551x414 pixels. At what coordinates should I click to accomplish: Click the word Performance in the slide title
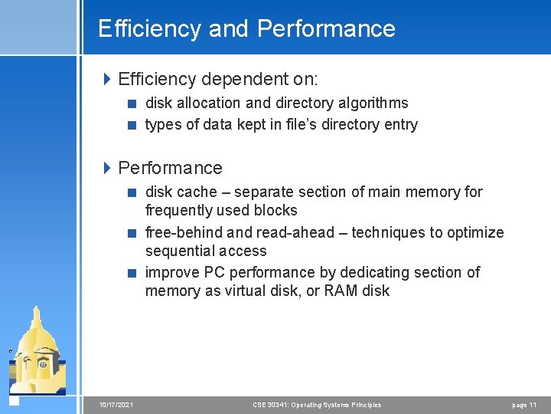(x=327, y=29)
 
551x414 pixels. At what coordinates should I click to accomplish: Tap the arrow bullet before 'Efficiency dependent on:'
(x=108, y=79)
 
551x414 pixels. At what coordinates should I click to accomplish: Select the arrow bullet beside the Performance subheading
(x=108, y=168)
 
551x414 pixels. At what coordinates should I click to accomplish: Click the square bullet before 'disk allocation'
(x=133, y=103)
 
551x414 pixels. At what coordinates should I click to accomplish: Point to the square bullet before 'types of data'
(x=133, y=125)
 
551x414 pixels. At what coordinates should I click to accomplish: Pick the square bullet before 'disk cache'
(x=133, y=192)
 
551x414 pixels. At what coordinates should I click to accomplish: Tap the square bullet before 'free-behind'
(x=133, y=233)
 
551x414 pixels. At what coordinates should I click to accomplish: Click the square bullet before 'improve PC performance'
(x=133, y=273)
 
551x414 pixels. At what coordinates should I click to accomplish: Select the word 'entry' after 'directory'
(x=398, y=124)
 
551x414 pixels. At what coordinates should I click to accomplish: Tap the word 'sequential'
(x=179, y=251)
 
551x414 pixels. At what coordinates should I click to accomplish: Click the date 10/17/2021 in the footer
(x=116, y=405)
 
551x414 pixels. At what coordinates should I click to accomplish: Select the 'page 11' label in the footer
(x=523, y=405)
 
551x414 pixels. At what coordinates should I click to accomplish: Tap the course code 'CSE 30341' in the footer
(x=269, y=405)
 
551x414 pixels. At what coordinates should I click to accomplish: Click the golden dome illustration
(x=38, y=349)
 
